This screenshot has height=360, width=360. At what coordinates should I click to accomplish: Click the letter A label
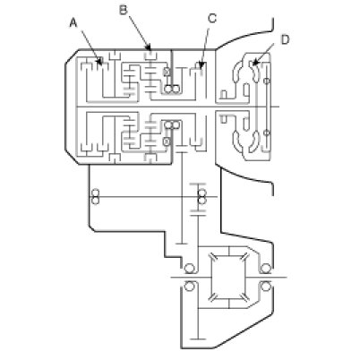click(73, 22)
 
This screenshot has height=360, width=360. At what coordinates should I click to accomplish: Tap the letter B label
click(123, 10)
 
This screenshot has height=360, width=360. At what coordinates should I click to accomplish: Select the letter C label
click(212, 19)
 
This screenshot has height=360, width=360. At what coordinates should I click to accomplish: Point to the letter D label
click(286, 39)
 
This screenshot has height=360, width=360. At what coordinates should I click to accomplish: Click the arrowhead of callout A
click(100, 62)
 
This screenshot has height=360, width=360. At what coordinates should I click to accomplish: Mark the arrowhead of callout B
click(149, 47)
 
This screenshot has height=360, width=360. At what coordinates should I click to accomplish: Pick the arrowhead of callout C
click(201, 64)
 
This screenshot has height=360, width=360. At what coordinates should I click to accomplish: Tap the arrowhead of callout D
click(254, 63)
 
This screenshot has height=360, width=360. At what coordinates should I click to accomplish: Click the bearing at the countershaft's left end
click(95, 197)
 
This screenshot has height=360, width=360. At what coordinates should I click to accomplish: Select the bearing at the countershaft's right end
click(202, 197)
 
